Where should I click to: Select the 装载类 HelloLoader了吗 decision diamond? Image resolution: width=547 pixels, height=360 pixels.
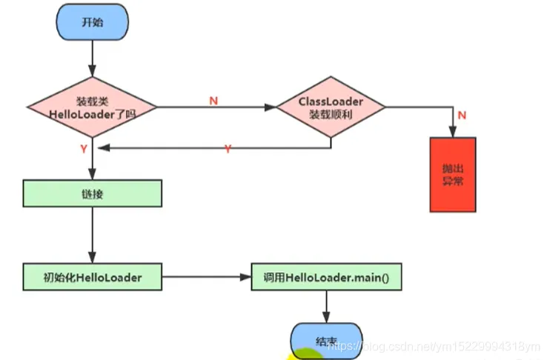pyautogui.click(x=92, y=107)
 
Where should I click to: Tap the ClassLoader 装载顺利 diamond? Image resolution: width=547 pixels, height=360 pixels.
pyautogui.click(x=331, y=107)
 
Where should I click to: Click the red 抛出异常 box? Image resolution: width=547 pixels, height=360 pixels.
pyautogui.click(x=453, y=175)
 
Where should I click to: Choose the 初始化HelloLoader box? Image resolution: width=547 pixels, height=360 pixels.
pyautogui.click(x=92, y=277)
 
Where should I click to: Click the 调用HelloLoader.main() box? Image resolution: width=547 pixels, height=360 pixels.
pyautogui.click(x=326, y=277)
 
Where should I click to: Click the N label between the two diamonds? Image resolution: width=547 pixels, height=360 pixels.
pyautogui.click(x=213, y=100)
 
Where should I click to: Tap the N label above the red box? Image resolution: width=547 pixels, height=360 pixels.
pyautogui.click(x=462, y=115)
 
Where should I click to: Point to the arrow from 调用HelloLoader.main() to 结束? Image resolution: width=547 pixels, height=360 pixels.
pyautogui.click(x=326, y=306)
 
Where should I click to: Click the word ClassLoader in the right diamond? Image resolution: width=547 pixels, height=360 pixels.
pyautogui.click(x=331, y=101)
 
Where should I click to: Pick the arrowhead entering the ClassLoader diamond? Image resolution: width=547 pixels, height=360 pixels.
pyautogui.click(x=271, y=107)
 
